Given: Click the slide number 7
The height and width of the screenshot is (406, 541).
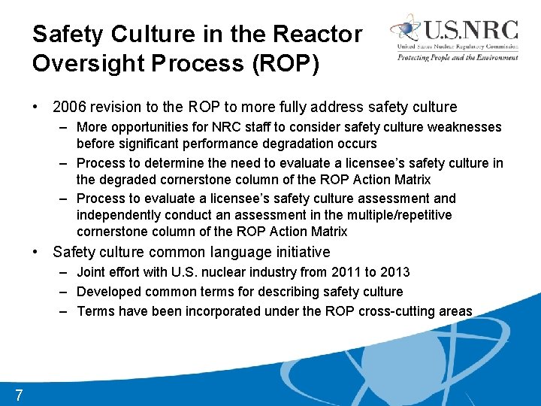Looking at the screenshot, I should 18,394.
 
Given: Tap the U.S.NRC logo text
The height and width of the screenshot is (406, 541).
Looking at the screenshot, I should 472,31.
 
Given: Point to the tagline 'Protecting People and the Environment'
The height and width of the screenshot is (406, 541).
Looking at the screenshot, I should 458,57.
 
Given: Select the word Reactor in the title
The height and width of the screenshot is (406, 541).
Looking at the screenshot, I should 319,34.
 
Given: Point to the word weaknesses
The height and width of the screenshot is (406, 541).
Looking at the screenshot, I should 464,127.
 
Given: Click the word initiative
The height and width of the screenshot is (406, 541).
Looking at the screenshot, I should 295,252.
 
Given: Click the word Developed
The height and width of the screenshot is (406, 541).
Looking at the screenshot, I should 109,291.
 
